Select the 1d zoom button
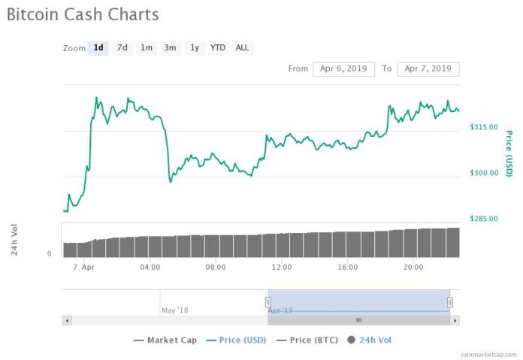98,48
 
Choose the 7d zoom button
122,48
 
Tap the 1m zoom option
147,48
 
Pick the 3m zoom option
171,48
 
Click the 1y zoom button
195,48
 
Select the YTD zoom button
218,48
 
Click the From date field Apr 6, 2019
343,69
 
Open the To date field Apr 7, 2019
428,69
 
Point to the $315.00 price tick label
483,127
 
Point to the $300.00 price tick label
483,173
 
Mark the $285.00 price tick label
483,219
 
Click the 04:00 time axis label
150,267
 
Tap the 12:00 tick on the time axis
282,267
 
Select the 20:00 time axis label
413,267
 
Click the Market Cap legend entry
165,340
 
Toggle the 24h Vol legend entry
369,340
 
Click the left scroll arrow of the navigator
67,320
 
